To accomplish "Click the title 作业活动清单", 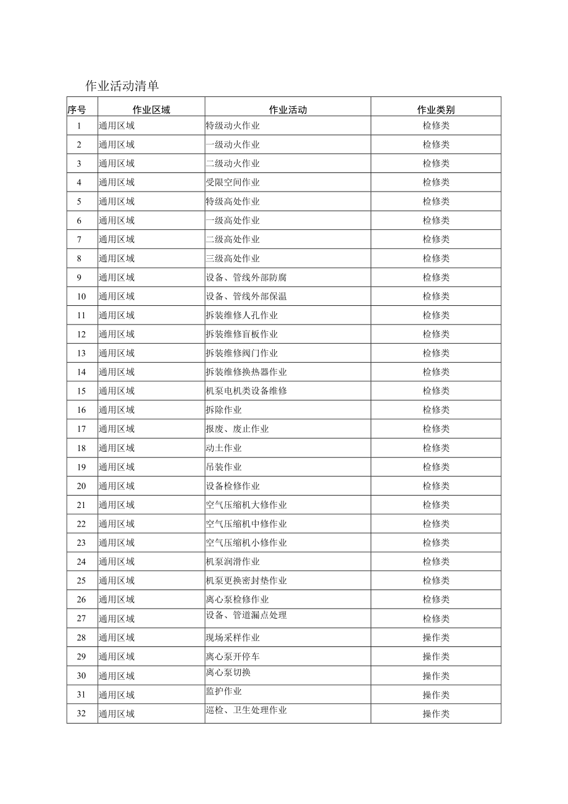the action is pyautogui.click(x=122, y=86).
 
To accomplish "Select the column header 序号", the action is pyautogui.click(x=77, y=110).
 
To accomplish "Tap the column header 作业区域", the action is pyautogui.click(x=151, y=110).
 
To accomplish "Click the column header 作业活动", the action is pyautogui.click(x=288, y=110).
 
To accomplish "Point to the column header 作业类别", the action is pyautogui.click(x=436, y=110).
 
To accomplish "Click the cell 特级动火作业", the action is pyautogui.click(x=233, y=126).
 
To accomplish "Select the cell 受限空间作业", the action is pyautogui.click(x=233, y=182).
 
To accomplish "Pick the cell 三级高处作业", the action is pyautogui.click(x=233, y=258).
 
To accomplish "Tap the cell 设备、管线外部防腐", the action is pyautogui.click(x=246, y=277).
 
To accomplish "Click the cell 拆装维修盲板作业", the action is pyautogui.click(x=242, y=334).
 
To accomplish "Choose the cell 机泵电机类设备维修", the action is pyautogui.click(x=246, y=391).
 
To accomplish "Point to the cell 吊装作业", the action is pyautogui.click(x=223, y=467).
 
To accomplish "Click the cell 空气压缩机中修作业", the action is pyautogui.click(x=246, y=523).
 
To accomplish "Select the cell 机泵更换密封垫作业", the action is pyautogui.click(x=246, y=580).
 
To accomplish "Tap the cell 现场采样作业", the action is pyautogui.click(x=233, y=637).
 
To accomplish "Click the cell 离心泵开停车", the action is pyautogui.click(x=233, y=656).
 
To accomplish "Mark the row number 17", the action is pyautogui.click(x=81, y=429).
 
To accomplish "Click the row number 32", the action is pyautogui.click(x=81, y=714).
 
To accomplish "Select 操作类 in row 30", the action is pyautogui.click(x=436, y=675).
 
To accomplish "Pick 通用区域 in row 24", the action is pyautogui.click(x=117, y=562).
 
